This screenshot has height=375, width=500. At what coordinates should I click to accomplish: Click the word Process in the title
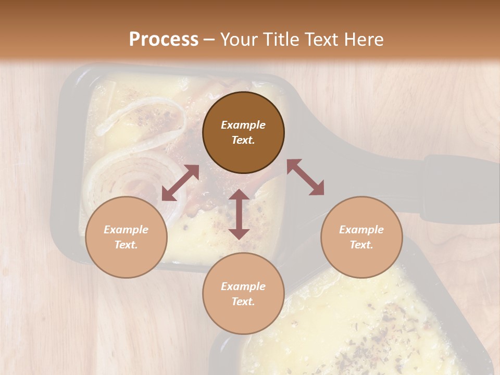[x=164, y=40]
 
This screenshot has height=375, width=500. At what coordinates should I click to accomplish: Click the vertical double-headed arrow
[x=239, y=214]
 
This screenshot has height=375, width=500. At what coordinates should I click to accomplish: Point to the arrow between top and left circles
[x=180, y=183]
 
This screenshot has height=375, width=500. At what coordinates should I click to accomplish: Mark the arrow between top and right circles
[x=306, y=178]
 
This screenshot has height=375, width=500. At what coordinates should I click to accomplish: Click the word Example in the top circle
[x=243, y=125]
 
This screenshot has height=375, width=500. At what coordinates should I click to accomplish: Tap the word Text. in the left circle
[x=126, y=245]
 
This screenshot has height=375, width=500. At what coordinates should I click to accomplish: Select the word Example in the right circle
[x=361, y=230]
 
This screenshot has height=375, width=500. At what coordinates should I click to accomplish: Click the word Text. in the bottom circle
[x=243, y=302]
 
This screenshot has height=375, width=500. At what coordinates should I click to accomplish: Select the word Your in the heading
[x=240, y=40]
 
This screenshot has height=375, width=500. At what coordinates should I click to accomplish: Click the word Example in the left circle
[x=126, y=230]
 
